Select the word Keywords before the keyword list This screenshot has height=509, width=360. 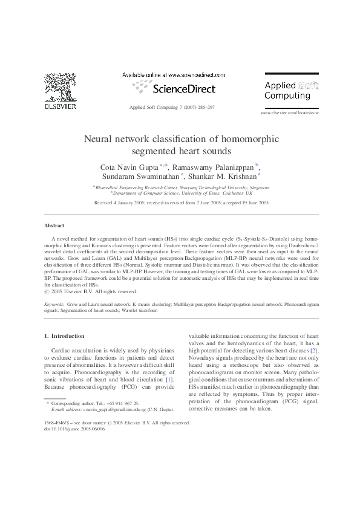[x=54, y=305]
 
